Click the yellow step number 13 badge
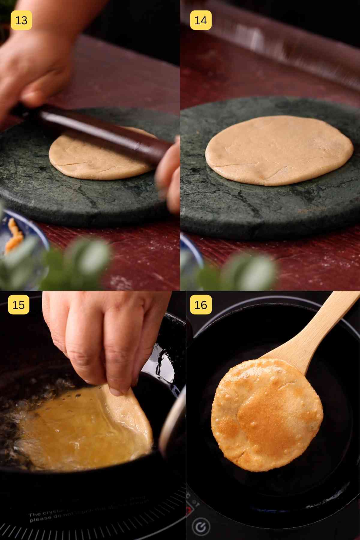coord(21,20)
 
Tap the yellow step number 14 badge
coord(200,20)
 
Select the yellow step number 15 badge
coord(19,305)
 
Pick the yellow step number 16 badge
coord(201,305)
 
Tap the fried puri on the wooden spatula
coord(267,414)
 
